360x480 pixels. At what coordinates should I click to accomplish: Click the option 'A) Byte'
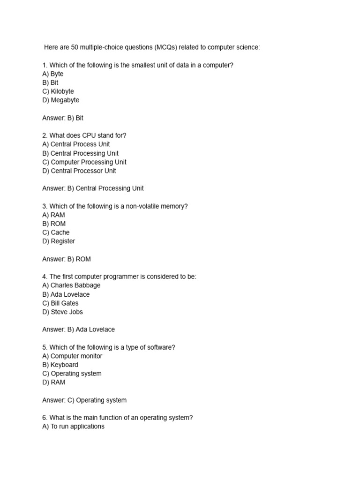click(52, 74)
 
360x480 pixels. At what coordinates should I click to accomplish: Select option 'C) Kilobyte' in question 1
click(58, 91)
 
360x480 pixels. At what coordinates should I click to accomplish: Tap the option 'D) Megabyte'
click(60, 100)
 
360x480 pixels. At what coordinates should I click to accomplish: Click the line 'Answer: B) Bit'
click(62, 118)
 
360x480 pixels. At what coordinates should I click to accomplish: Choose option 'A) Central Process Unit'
click(76, 144)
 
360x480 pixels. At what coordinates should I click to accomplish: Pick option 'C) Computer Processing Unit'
click(84, 162)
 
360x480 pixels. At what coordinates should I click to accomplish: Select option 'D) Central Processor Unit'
click(79, 171)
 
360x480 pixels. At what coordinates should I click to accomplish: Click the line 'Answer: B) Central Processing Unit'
click(93, 188)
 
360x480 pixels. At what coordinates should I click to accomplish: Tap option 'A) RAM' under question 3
click(53, 215)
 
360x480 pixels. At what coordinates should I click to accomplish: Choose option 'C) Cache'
click(56, 232)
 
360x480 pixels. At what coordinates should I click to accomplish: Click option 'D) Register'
click(59, 241)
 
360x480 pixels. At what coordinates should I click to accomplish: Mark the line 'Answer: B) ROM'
click(66, 259)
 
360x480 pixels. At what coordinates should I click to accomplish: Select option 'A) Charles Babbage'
click(71, 285)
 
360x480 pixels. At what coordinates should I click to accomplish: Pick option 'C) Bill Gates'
click(60, 303)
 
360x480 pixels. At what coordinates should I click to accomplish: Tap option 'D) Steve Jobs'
click(62, 312)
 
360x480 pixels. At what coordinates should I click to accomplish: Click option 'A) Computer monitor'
click(72, 356)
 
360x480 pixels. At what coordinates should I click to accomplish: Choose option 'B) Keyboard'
click(60, 365)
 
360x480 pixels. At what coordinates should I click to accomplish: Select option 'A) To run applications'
click(73, 427)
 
